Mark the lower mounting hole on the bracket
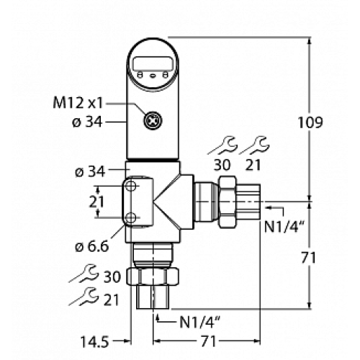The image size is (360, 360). [131, 218]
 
